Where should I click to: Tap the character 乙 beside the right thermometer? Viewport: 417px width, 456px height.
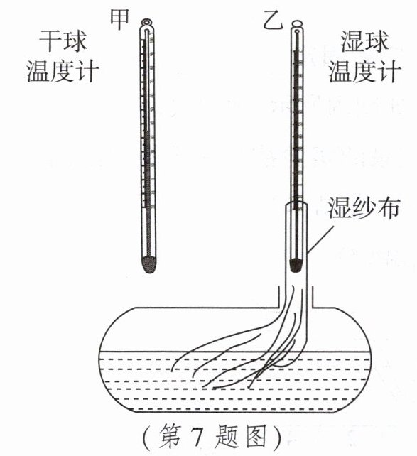point(273,21)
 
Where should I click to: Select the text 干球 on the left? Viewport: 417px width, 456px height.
point(63,41)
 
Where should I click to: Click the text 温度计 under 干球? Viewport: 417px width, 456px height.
point(63,71)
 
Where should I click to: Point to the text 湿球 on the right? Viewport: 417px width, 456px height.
point(364,42)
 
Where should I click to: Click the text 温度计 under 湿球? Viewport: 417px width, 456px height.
point(365,72)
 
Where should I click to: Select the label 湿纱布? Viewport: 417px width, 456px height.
point(364,207)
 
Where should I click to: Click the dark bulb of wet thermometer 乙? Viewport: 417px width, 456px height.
point(296,264)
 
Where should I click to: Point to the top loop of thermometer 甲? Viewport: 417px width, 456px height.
point(146,22)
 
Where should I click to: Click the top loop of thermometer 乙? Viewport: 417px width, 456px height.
point(297,23)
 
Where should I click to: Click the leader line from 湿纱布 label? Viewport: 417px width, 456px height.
point(320,239)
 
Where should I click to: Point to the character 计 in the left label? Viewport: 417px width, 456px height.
point(87,71)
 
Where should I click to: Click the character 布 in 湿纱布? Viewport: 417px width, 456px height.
point(388,207)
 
